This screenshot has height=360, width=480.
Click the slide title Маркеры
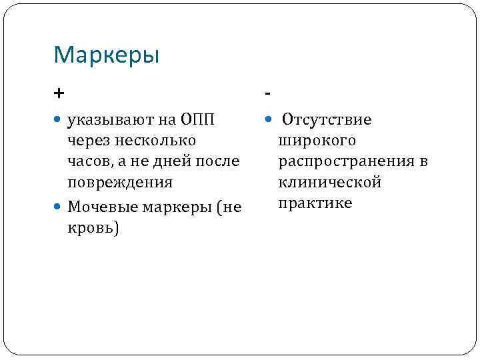pos(107,55)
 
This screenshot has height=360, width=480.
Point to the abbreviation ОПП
pos(197,120)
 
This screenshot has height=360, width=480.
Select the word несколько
pos(157,141)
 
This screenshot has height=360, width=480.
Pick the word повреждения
pos(120,182)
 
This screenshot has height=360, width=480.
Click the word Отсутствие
pos(327,120)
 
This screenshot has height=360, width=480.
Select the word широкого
pos(317,141)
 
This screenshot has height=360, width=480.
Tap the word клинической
pos(329,182)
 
